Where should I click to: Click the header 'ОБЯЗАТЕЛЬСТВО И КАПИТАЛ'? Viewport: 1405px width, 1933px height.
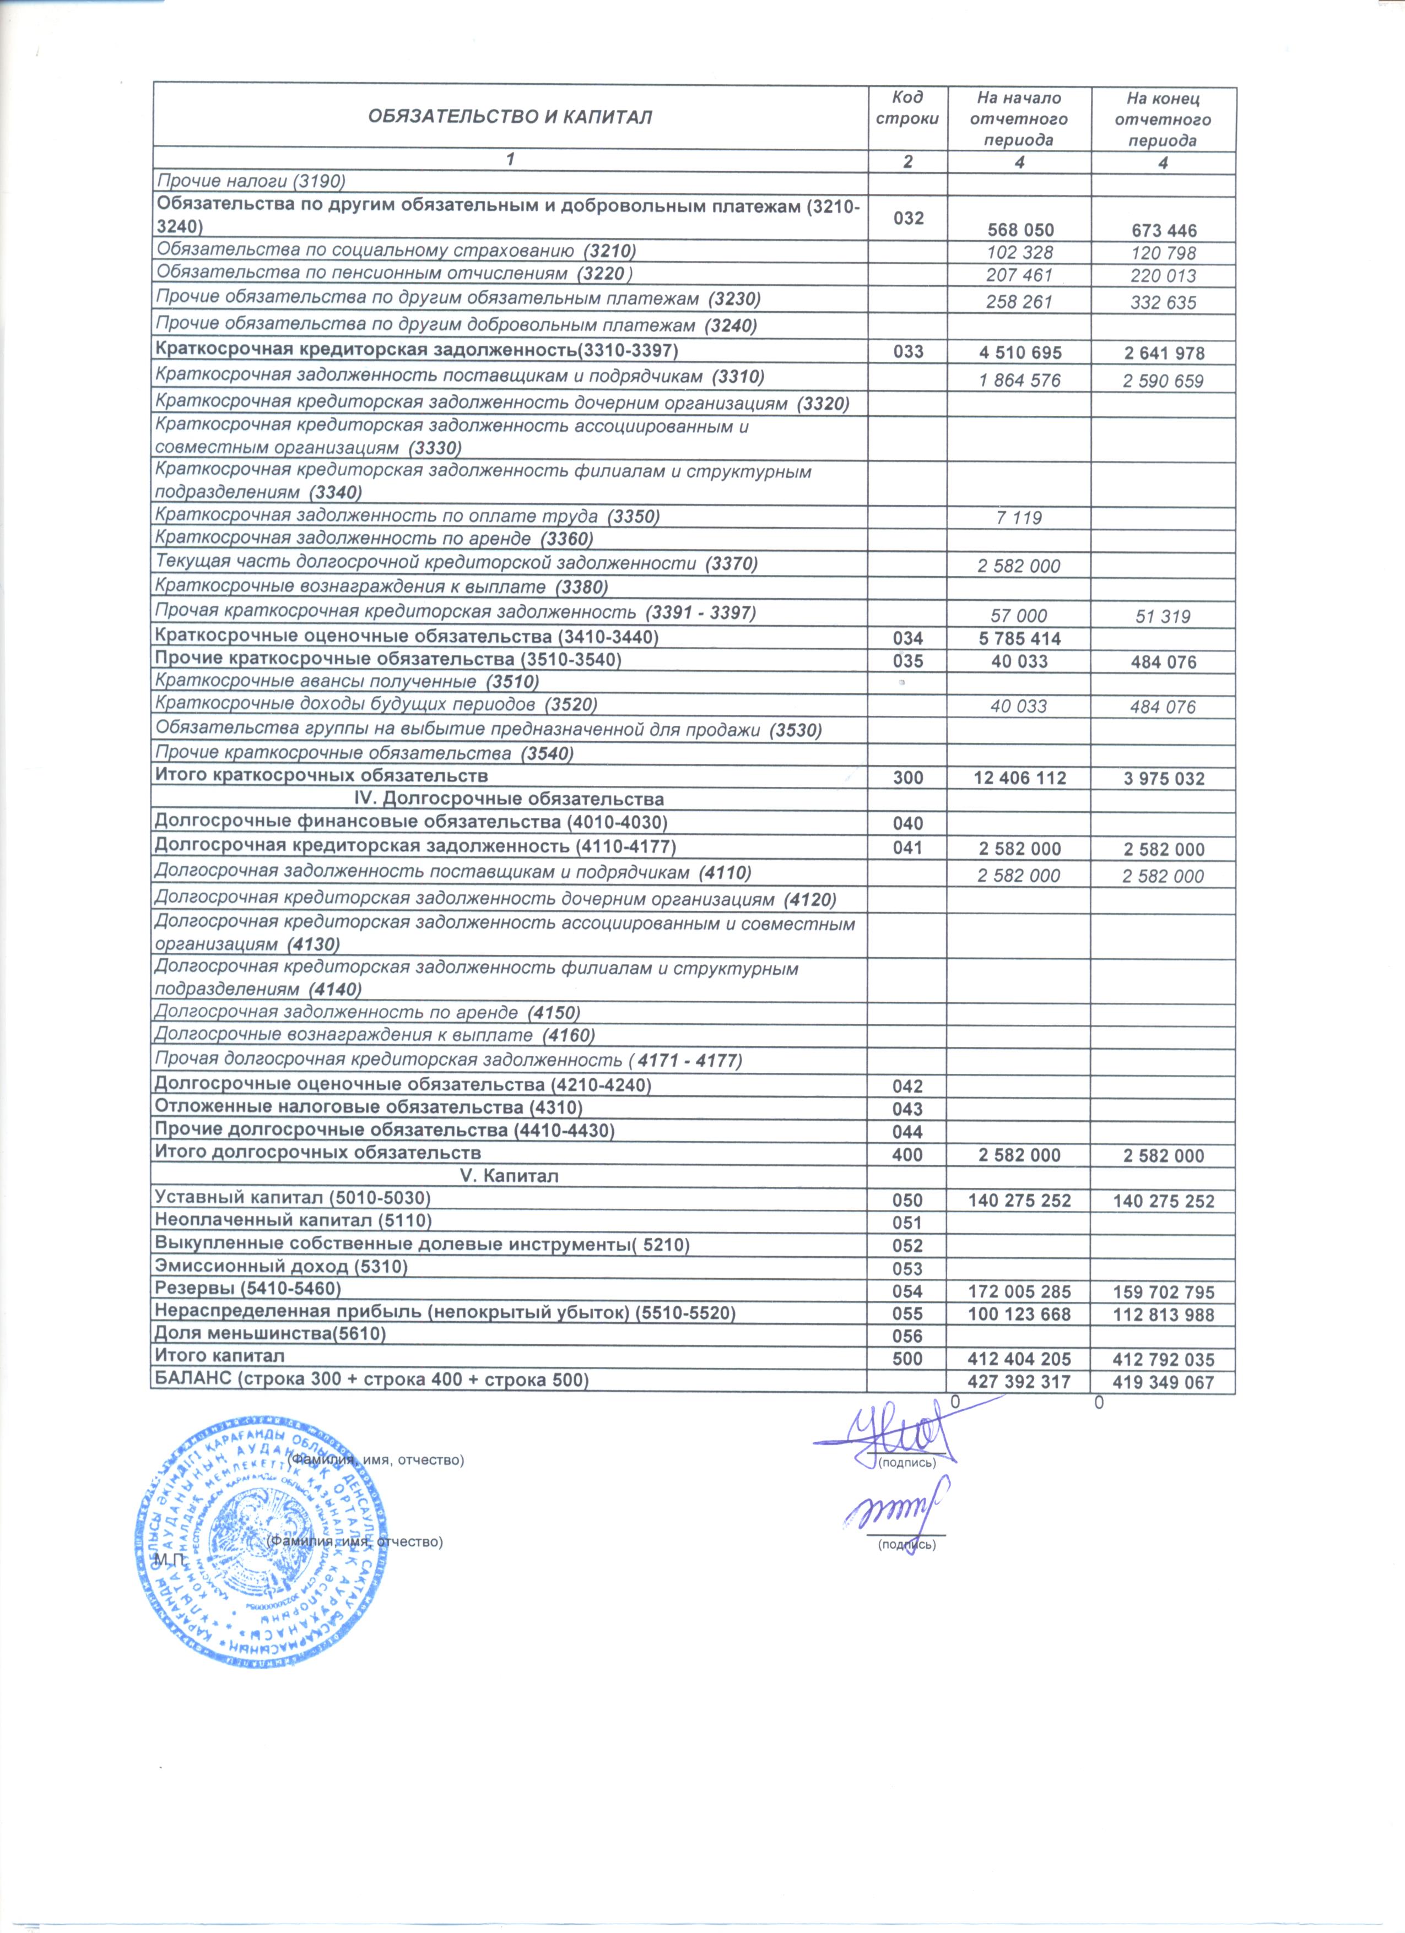(x=509, y=118)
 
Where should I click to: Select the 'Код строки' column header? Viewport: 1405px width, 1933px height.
(x=907, y=108)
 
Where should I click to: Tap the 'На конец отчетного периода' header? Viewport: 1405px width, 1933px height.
(x=1163, y=120)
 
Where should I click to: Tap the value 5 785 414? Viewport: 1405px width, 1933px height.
(x=1020, y=638)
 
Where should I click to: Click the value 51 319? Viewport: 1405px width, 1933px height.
(x=1163, y=616)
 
